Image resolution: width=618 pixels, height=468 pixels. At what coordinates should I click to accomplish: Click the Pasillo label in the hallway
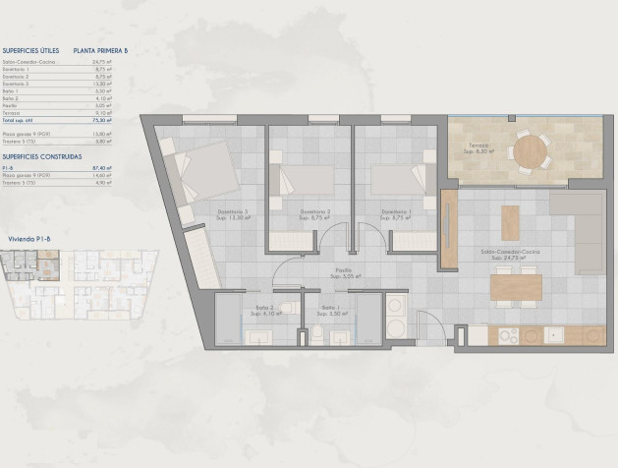pyautogui.click(x=343, y=272)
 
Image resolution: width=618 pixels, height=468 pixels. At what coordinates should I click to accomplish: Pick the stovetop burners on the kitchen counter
pyautogui.click(x=508, y=336)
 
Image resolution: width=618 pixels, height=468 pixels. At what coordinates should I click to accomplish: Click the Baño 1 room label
pyautogui.click(x=329, y=311)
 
